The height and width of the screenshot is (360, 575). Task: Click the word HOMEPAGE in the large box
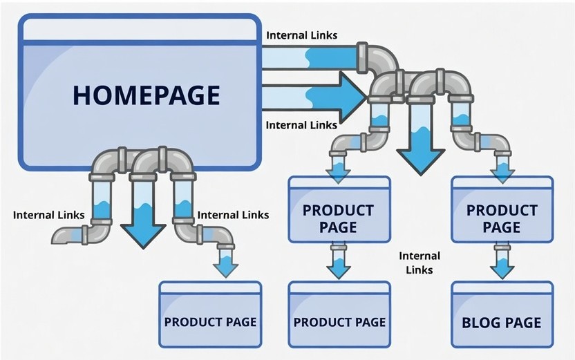pyautogui.click(x=146, y=95)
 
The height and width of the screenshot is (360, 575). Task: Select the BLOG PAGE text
pyautogui.click(x=502, y=322)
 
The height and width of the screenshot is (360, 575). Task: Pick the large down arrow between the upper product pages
pyautogui.click(x=420, y=149)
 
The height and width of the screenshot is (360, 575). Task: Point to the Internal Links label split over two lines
pyautogui.click(x=420, y=263)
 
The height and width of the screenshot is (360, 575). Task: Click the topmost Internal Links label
pyautogui.click(x=302, y=35)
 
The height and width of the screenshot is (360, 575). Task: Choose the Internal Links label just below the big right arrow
pyautogui.click(x=302, y=125)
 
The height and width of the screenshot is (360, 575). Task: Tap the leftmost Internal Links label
pyautogui.click(x=48, y=215)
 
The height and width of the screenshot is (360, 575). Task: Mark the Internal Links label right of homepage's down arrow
pyautogui.click(x=233, y=215)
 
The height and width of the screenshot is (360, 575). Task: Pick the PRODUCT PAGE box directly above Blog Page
pyautogui.click(x=502, y=211)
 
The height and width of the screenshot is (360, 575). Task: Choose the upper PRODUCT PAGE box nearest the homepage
pyautogui.click(x=339, y=211)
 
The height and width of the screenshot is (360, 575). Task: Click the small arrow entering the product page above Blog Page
pyautogui.click(x=502, y=169)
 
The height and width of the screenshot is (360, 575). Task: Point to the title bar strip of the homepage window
pyautogui.click(x=139, y=29)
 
